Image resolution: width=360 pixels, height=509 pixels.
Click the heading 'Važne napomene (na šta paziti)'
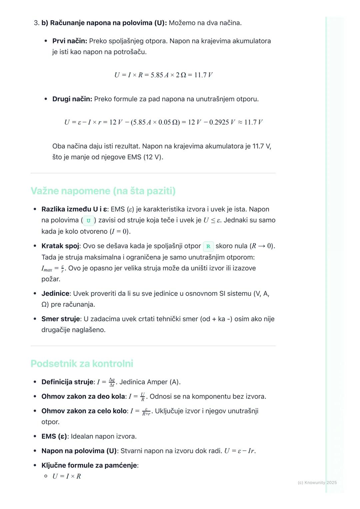click(x=103, y=191)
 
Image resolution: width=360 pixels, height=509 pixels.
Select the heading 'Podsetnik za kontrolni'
click(x=82, y=363)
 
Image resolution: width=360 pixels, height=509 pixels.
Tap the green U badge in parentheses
click(x=88, y=221)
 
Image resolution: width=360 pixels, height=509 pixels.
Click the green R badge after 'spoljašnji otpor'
click(x=208, y=247)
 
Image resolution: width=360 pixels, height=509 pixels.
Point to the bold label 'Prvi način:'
click(x=70, y=41)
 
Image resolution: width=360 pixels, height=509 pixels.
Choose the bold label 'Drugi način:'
click(x=72, y=99)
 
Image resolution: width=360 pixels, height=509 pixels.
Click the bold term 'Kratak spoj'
click(x=60, y=246)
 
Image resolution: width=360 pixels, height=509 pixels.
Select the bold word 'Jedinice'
click(x=55, y=293)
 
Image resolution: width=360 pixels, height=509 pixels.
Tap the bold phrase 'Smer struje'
click(x=61, y=319)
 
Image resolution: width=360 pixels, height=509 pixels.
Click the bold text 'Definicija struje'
click(x=67, y=382)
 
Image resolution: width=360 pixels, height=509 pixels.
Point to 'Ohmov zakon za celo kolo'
click(x=84, y=411)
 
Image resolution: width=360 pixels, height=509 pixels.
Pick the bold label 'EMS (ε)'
click(x=54, y=436)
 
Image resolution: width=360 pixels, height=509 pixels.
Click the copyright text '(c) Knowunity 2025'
click(x=317, y=482)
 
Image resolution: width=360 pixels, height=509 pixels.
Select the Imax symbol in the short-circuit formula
click(x=47, y=268)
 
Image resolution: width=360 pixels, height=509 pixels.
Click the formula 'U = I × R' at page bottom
click(x=67, y=476)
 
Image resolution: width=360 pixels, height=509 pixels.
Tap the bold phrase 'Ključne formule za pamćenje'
click(x=89, y=465)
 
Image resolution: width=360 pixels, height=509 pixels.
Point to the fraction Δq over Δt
click(x=112, y=382)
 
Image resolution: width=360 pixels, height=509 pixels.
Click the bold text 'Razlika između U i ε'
click(x=74, y=209)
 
